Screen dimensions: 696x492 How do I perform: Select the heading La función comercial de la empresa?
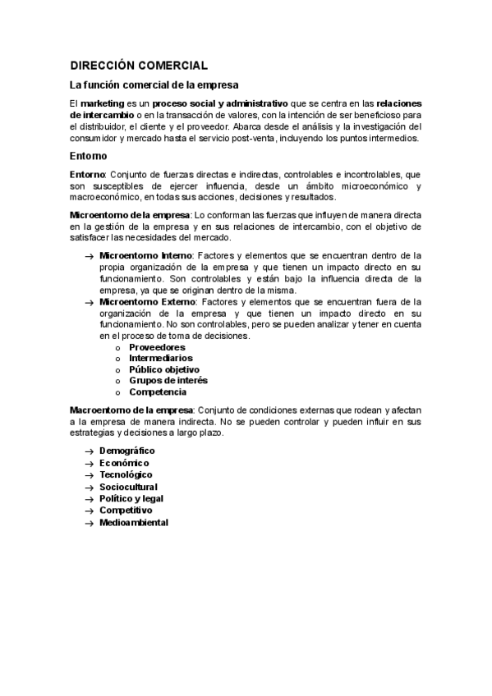point(154,85)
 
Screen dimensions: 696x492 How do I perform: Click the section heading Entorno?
point(88,156)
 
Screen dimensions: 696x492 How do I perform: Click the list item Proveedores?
point(157,347)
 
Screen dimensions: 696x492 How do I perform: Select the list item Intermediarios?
point(161,359)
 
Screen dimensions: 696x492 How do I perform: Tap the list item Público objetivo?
point(164,369)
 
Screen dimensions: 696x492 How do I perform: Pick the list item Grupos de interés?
point(168,381)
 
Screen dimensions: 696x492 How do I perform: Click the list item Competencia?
point(158,392)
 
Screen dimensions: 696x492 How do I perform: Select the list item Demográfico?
point(127,451)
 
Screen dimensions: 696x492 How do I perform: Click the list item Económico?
point(124,463)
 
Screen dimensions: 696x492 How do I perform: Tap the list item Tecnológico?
point(126,475)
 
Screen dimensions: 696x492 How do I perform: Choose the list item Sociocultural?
point(128,487)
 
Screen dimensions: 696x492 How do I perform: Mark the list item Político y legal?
point(131,498)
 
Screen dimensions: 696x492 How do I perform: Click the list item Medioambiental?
point(134,523)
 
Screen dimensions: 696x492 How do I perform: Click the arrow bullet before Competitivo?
point(89,511)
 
